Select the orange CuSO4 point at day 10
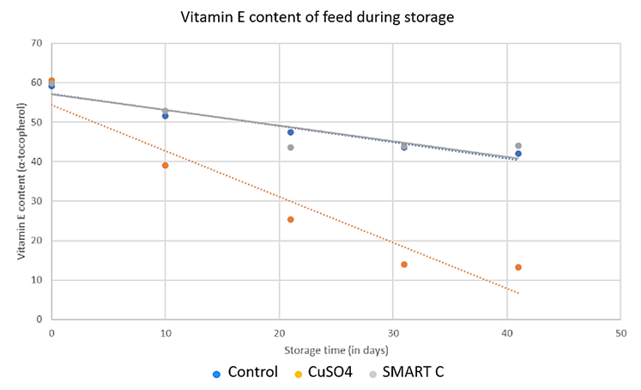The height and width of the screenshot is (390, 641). (165, 165)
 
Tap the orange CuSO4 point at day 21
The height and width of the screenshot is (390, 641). (291, 219)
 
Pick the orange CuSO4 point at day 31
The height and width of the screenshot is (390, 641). (404, 264)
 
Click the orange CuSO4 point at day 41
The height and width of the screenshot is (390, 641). (518, 267)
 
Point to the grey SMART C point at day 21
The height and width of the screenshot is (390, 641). (291, 147)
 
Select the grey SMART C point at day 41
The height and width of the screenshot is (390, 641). (518, 145)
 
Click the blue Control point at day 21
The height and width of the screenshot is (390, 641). (291, 131)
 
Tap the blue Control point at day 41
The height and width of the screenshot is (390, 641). (518, 154)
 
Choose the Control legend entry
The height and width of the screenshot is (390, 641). (245, 373)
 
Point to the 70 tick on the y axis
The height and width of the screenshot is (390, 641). (39, 43)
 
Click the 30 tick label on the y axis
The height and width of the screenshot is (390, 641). (39, 201)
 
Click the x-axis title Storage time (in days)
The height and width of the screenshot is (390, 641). (335, 350)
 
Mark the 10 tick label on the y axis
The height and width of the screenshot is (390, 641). (39, 280)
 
